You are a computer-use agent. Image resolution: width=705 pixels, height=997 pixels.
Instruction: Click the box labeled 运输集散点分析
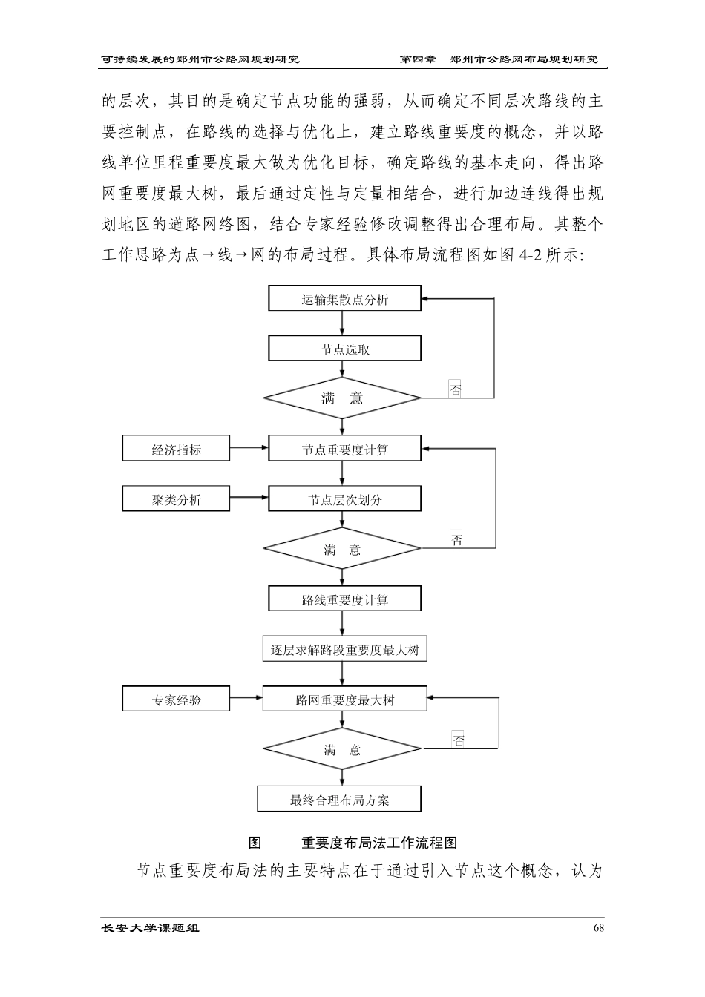pyautogui.click(x=344, y=300)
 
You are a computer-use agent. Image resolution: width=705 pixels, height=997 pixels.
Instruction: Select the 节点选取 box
pyautogui.click(x=344, y=349)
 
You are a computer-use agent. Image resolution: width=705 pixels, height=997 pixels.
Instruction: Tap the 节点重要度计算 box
pyautogui.click(x=344, y=450)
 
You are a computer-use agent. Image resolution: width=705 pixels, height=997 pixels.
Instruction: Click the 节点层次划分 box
pyautogui.click(x=344, y=499)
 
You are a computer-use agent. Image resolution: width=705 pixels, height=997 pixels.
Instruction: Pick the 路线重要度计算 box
pyautogui.click(x=344, y=599)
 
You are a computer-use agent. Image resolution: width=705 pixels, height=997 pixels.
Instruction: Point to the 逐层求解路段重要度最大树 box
pyautogui.click(x=344, y=650)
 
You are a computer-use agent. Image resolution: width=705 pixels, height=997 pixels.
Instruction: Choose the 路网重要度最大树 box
pyautogui.click(x=344, y=700)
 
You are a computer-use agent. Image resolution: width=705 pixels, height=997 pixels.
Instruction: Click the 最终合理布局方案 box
pyautogui.click(x=339, y=800)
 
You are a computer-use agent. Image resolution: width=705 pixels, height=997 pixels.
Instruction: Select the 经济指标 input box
pyautogui.click(x=176, y=450)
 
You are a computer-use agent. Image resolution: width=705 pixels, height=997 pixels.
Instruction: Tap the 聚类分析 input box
pyautogui.click(x=176, y=499)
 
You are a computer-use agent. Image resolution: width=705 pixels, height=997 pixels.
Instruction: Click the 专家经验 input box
pyautogui.click(x=176, y=700)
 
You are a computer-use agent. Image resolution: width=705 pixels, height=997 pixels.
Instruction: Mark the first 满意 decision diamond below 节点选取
pyautogui.click(x=342, y=398)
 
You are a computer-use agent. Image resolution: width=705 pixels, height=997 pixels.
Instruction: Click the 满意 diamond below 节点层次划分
pyautogui.click(x=342, y=550)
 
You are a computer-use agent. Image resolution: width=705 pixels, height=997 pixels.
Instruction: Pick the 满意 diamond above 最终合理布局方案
pyautogui.click(x=342, y=750)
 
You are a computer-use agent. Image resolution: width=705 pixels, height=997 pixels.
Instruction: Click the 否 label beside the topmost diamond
pyautogui.click(x=456, y=390)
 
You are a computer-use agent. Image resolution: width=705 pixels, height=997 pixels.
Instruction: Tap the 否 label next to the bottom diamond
pyautogui.click(x=459, y=740)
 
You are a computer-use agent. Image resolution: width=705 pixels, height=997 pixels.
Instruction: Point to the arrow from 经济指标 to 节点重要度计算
pyautogui.click(x=249, y=447)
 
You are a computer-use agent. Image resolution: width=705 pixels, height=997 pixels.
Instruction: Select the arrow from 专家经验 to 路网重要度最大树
pyautogui.click(x=246, y=697)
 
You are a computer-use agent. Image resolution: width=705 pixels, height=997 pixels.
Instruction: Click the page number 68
pyautogui.click(x=600, y=928)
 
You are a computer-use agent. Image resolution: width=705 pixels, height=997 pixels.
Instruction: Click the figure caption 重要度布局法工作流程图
pyautogui.click(x=378, y=843)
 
